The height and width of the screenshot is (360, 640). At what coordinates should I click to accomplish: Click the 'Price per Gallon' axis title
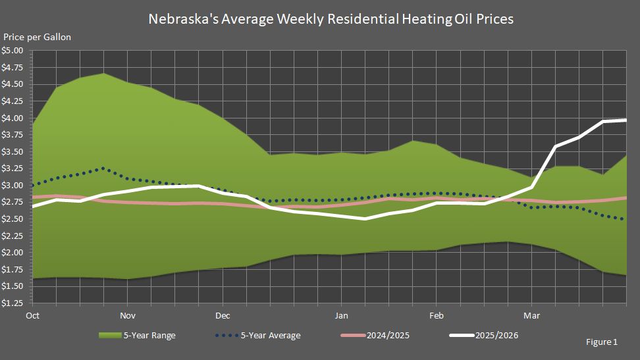pos(37,37)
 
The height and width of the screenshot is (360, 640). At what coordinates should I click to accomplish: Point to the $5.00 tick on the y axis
pos(13,51)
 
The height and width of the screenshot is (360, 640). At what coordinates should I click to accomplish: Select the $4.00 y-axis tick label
pos(13,118)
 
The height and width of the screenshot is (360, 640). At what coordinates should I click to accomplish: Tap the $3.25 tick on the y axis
pos(13,168)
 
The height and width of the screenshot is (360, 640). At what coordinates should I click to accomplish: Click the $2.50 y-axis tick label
pos(13,219)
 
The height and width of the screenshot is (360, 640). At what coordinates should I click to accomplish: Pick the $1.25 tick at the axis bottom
pos(13,303)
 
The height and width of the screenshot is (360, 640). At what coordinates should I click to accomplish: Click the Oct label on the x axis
pos(32,315)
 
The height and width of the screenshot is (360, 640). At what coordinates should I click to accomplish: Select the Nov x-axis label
pos(128,315)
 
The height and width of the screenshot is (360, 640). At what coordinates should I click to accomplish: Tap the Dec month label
pos(223,315)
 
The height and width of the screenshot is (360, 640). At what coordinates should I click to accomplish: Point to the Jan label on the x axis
pos(341,315)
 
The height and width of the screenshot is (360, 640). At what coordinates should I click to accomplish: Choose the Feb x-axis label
pos(436,315)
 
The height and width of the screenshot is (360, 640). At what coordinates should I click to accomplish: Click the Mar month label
pos(531,315)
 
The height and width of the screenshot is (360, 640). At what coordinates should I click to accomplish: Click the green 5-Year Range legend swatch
pos(109,336)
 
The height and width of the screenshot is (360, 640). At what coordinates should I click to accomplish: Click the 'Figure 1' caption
pos(601,343)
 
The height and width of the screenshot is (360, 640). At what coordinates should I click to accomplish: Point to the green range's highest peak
pos(104,73)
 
